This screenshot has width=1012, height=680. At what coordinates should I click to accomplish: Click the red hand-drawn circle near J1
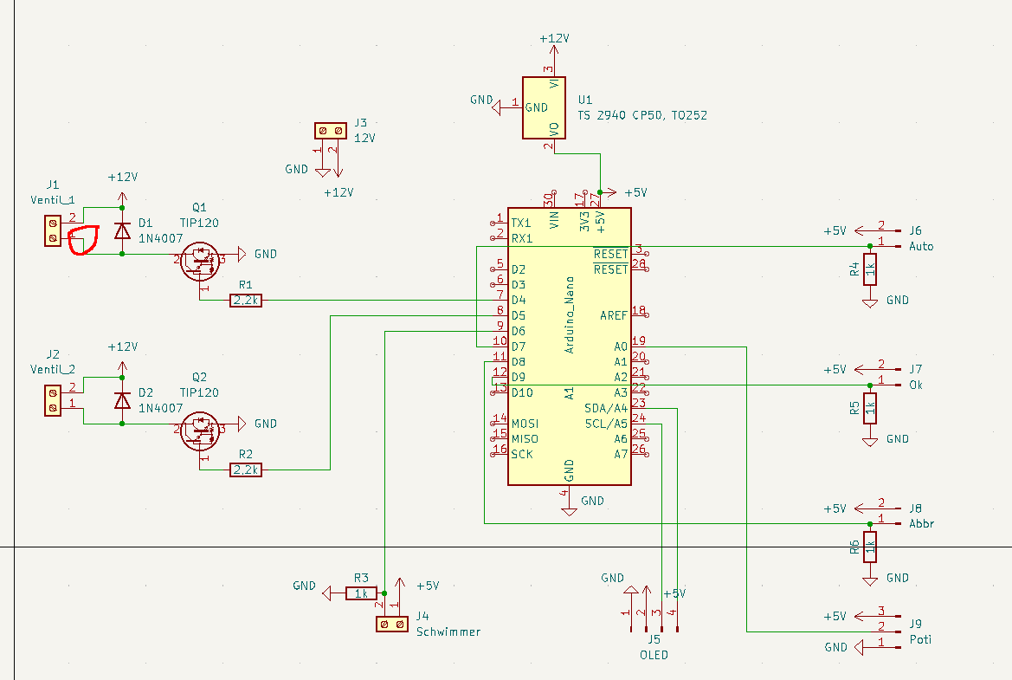(x=84, y=240)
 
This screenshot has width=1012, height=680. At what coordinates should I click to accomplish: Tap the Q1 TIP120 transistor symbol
(x=200, y=258)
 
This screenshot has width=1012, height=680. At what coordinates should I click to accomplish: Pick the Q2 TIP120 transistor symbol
(x=200, y=428)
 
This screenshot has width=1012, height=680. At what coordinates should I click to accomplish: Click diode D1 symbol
(x=122, y=230)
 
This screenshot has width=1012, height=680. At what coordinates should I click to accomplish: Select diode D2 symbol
(x=122, y=400)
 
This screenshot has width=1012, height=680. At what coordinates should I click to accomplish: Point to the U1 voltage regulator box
(x=543, y=107)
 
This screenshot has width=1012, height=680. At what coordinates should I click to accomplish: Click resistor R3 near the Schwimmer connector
(x=361, y=593)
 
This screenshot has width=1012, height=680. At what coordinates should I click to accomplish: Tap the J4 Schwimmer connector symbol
(x=391, y=624)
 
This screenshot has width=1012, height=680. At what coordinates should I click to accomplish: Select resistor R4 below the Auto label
(x=870, y=269)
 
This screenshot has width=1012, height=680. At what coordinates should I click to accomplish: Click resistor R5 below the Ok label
(x=870, y=408)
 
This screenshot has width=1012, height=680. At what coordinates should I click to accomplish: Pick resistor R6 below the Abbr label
(x=870, y=547)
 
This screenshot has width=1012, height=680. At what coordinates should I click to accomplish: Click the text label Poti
(x=920, y=639)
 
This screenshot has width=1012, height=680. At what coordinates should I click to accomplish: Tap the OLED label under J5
(x=654, y=655)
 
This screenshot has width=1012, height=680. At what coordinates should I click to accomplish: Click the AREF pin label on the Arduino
(x=613, y=315)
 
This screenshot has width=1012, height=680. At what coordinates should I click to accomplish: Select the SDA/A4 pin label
(x=605, y=408)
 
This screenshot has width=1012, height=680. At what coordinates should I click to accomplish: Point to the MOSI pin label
(x=525, y=424)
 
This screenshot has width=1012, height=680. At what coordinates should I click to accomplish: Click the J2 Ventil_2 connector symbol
(x=53, y=399)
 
